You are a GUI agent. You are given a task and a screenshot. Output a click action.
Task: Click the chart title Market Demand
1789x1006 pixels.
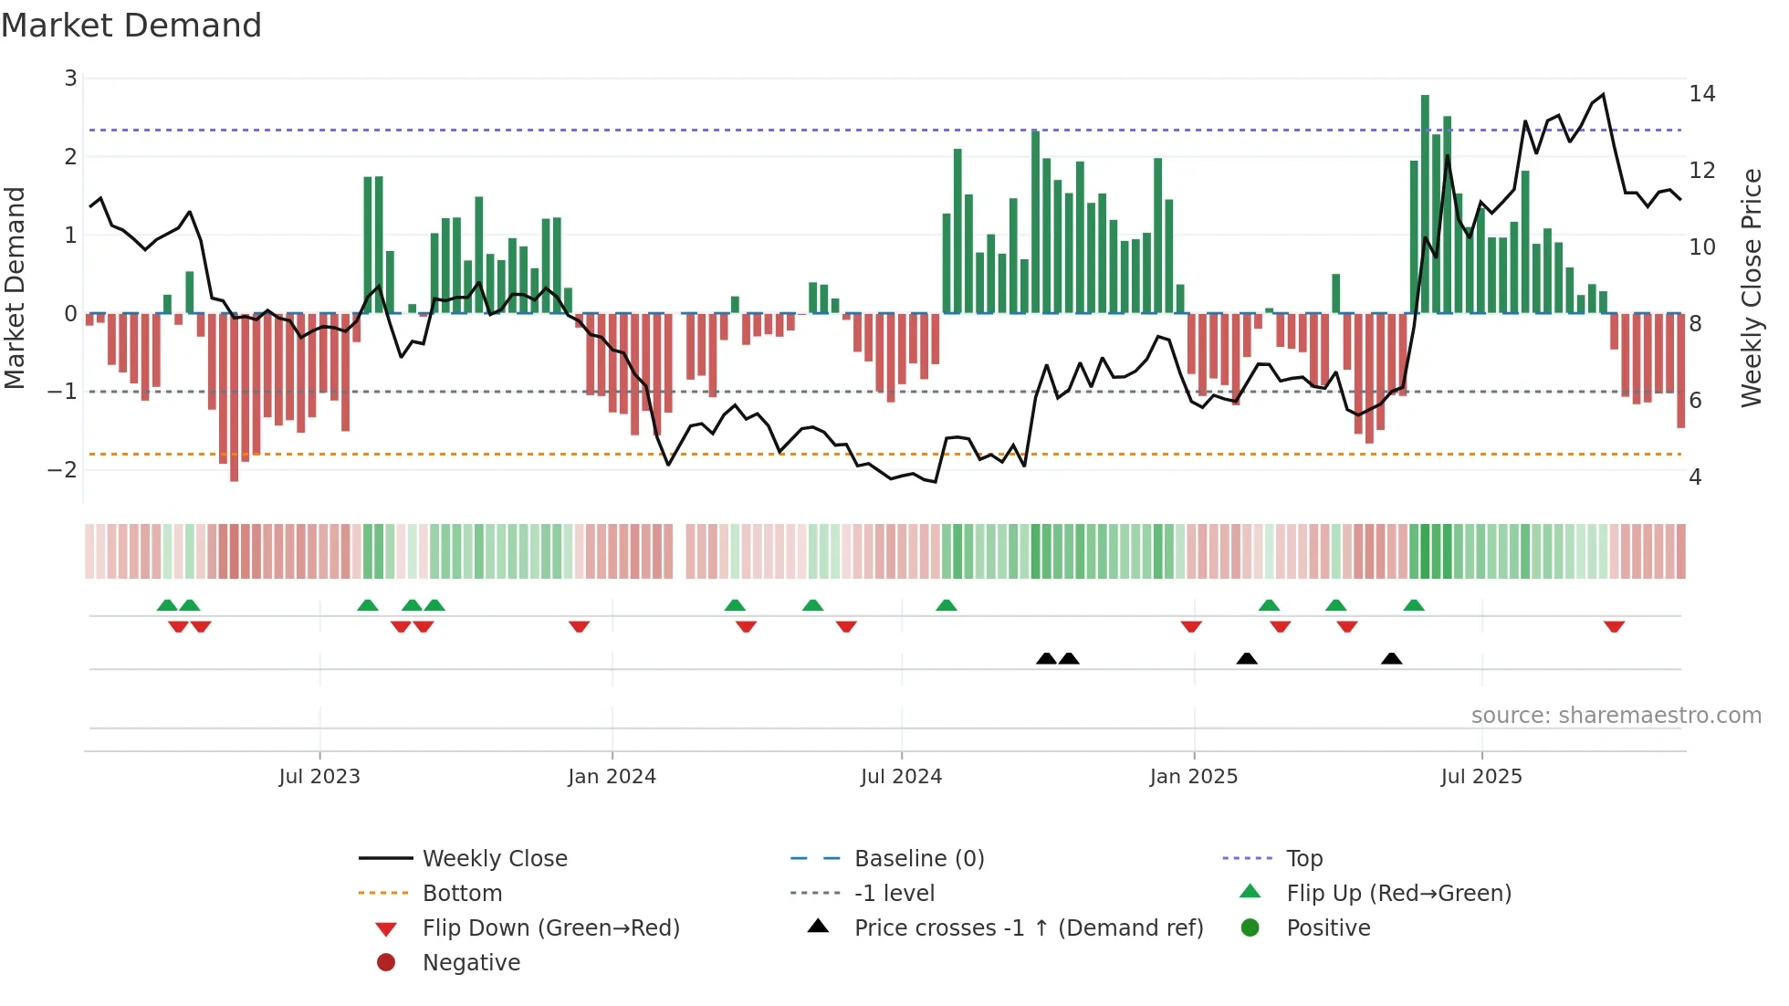pos(131,26)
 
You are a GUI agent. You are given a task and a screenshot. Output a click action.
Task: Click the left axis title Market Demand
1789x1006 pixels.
pos(16,288)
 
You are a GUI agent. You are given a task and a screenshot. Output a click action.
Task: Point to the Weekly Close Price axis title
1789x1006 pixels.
pos(1751,288)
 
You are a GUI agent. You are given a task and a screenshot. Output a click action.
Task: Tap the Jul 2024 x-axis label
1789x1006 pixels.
pos(901,777)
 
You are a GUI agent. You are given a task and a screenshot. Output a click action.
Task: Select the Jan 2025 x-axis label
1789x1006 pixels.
pos(1193,777)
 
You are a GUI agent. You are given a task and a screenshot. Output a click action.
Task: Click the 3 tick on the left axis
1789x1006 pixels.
pos(70,79)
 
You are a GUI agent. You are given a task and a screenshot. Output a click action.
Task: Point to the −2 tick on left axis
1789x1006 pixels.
pos(63,470)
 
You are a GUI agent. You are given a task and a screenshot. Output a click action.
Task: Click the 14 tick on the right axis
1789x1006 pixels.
pos(1701,94)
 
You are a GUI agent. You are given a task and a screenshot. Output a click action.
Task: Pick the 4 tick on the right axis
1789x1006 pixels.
pos(1695,477)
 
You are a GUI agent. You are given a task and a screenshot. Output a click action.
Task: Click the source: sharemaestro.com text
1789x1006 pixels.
pos(1616,716)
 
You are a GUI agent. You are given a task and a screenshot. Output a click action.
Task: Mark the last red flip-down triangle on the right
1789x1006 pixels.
pos(1614,627)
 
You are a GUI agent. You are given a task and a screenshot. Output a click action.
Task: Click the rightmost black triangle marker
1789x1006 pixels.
pos(1391,658)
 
